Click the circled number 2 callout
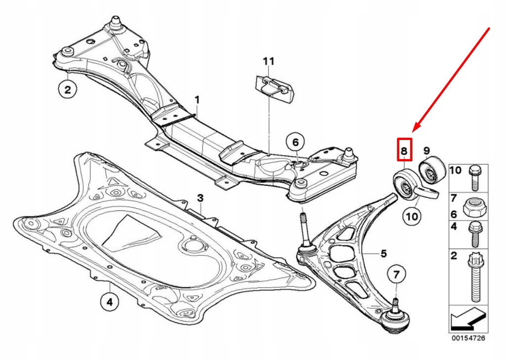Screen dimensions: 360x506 point(68,90)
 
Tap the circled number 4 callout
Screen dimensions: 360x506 point(109,301)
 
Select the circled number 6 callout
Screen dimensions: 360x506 point(295,143)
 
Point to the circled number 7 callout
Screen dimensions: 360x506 point(396,274)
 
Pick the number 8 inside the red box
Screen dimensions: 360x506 point(404,150)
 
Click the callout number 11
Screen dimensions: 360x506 point(268,61)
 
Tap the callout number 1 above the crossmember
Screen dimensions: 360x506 point(197,100)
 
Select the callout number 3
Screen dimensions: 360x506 point(200,198)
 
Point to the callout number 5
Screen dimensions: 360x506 point(383,254)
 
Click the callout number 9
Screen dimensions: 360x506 point(426,150)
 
